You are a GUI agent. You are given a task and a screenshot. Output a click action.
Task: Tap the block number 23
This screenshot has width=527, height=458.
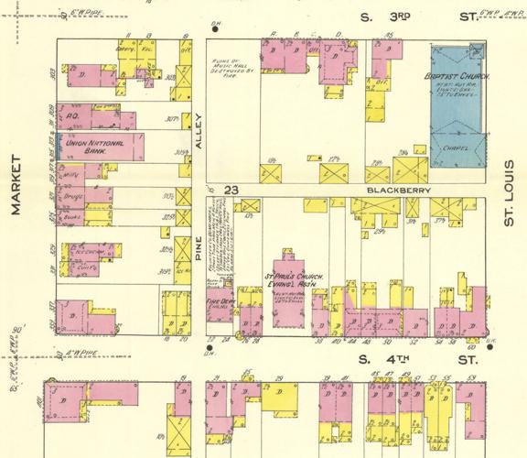click(x=231, y=190)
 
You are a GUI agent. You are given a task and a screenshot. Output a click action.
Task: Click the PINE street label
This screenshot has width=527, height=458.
click(x=198, y=245)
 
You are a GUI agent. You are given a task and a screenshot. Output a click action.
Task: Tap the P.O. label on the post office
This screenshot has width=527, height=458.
click(x=70, y=117)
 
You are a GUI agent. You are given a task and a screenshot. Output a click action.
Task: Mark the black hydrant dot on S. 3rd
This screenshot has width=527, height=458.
click(x=216, y=28)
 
